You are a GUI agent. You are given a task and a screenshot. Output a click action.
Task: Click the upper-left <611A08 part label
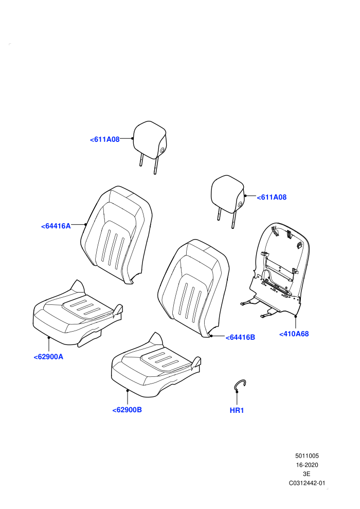click(105, 139)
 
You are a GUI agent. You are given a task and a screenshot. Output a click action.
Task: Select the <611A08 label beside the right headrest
click(272, 197)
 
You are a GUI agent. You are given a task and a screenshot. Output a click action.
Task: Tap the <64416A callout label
click(56, 226)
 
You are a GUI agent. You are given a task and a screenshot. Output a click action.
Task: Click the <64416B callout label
click(240, 338)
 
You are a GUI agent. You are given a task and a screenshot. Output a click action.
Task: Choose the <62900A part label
click(48, 357)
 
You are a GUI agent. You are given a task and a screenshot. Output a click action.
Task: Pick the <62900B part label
click(127, 410)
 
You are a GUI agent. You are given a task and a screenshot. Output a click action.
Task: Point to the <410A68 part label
click(294, 334)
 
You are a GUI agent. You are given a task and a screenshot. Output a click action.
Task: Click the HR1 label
click(237, 411)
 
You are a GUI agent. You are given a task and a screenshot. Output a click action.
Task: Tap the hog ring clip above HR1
click(237, 383)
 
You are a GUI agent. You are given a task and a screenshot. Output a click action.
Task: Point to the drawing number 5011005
click(307, 456)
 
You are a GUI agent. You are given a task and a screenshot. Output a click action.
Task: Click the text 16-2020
click(307, 465)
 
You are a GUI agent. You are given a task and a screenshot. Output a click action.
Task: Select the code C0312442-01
click(307, 483)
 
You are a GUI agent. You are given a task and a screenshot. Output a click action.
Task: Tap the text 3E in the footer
click(307, 474)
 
